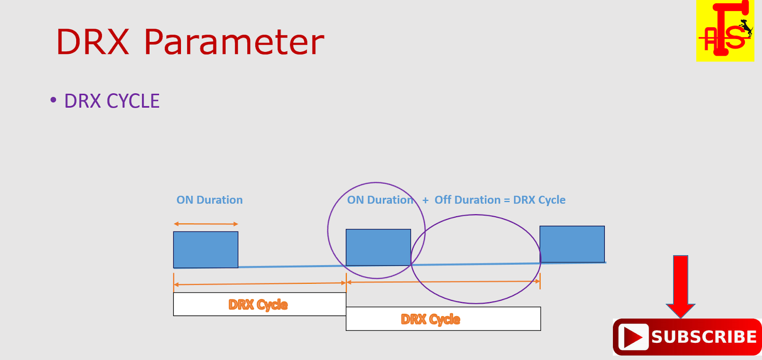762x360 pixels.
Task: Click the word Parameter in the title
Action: (x=234, y=43)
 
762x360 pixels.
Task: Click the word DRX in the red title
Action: (x=93, y=42)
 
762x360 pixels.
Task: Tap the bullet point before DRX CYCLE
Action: (x=53, y=100)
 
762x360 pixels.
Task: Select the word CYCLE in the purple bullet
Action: (x=133, y=101)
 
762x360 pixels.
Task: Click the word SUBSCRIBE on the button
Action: (x=704, y=337)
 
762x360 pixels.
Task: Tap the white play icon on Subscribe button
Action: (x=633, y=337)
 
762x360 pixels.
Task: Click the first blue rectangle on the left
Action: (x=205, y=250)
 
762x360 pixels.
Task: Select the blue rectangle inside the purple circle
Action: (x=378, y=247)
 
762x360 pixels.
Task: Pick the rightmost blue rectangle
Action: (x=572, y=244)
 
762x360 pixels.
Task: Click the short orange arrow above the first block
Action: (x=206, y=224)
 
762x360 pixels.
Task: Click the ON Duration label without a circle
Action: (x=210, y=200)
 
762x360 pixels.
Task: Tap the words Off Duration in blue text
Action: (x=467, y=200)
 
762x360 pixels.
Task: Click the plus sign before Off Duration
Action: (x=425, y=200)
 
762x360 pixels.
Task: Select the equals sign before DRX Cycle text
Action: (x=507, y=200)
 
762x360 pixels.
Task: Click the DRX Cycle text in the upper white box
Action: (x=258, y=304)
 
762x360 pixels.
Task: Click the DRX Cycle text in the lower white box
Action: (x=431, y=319)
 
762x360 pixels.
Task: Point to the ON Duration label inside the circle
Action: (x=380, y=200)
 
